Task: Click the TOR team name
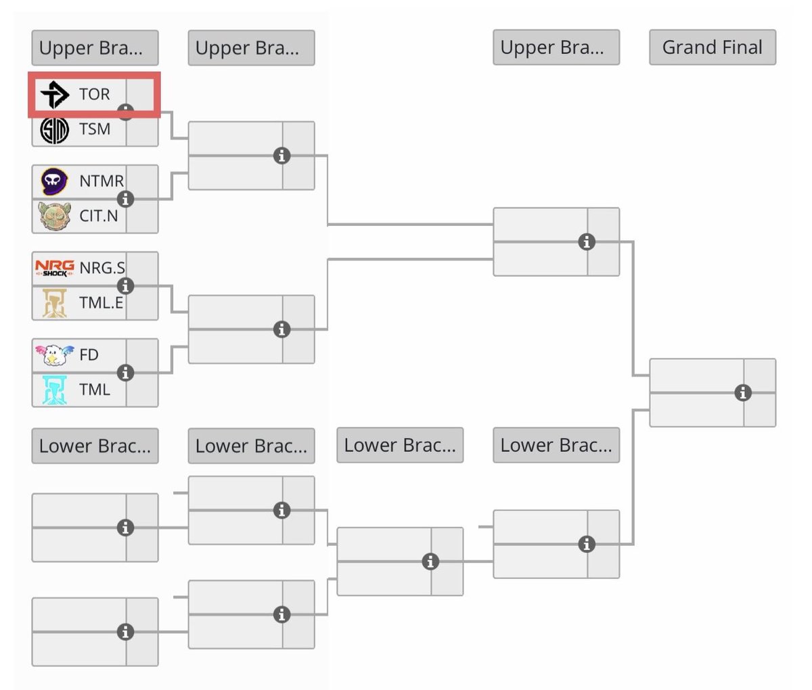click(94, 94)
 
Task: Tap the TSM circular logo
click(55, 129)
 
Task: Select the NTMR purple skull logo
click(55, 181)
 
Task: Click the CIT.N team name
click(98, 216)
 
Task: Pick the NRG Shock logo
click(55, 268)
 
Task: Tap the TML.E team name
click(101, 303)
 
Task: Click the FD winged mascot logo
click(54, 354)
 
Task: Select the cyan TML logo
click(55, 390)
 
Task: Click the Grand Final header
click(713, 47)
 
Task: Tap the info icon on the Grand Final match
click(743, 392)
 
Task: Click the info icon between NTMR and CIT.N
click(125, 199)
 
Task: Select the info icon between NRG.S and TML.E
click(125, 286)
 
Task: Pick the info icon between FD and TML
click(125, 373)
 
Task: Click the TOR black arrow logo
click(55, 94)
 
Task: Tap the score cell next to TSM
click(142, 130)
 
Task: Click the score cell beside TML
click(142, 390)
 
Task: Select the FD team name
click(89, 354)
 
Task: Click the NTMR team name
click(101, 181)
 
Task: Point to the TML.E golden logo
click(55, 303)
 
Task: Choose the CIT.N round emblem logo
click(55, 216)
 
